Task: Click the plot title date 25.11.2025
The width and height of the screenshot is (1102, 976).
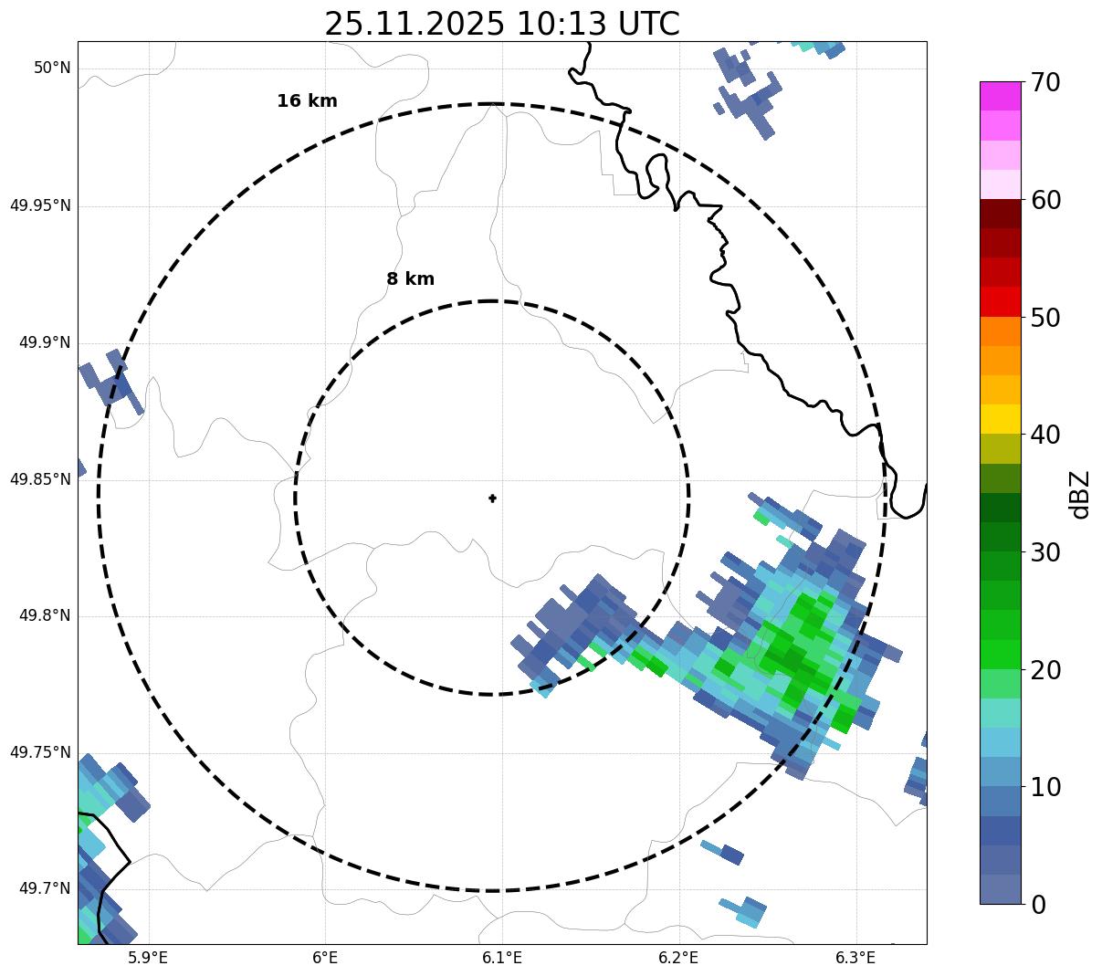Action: (x=414, y=24)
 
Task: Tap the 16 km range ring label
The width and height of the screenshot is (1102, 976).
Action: (x=307, y=101)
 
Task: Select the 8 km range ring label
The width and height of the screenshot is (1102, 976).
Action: (x=410, y=279)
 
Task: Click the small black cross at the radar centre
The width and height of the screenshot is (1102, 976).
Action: (x=492, y=498)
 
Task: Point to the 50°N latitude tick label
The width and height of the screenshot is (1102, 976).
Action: (x=52, y=68)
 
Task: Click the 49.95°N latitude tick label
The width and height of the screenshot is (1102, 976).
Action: (x=40, y=205)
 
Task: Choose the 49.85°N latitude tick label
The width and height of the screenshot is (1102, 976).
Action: (x=40, y=479)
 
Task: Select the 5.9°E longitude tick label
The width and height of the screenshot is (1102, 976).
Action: (x=148, y=958)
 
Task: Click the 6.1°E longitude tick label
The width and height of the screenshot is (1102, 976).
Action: (x=502, y=958)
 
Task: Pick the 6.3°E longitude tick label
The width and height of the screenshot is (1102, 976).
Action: (x=855, y=958)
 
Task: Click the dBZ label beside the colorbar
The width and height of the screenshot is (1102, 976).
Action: (x=1080, y=495)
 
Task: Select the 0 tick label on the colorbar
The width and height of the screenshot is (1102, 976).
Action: (x=1039, y=905)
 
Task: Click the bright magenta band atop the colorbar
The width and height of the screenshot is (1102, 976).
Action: (x=1000, y=96)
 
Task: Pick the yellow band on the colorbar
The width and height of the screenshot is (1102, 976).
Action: (x=1000, y=419)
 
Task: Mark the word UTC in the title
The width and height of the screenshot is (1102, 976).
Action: (x=648, y=24)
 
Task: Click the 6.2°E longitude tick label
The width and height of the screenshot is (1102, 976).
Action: (x=678, y=958)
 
